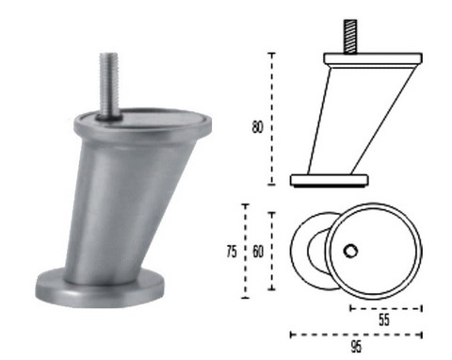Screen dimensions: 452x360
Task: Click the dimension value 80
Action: [x=257, y=127]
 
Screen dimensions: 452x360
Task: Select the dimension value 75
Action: [x=232, y=252]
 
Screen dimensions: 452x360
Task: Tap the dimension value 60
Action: [x=258, y=252]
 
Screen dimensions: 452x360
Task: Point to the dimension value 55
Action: [x=384, y=319]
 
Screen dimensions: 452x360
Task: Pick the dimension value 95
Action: [x=356, y=347]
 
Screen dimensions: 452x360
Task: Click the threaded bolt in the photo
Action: [x=109, y=86]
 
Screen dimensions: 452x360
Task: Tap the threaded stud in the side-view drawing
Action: [x=350, y=37]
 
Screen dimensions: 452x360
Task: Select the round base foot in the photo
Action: [x=100, y=288]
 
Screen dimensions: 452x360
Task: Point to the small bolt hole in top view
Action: [x=350, y=251]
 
